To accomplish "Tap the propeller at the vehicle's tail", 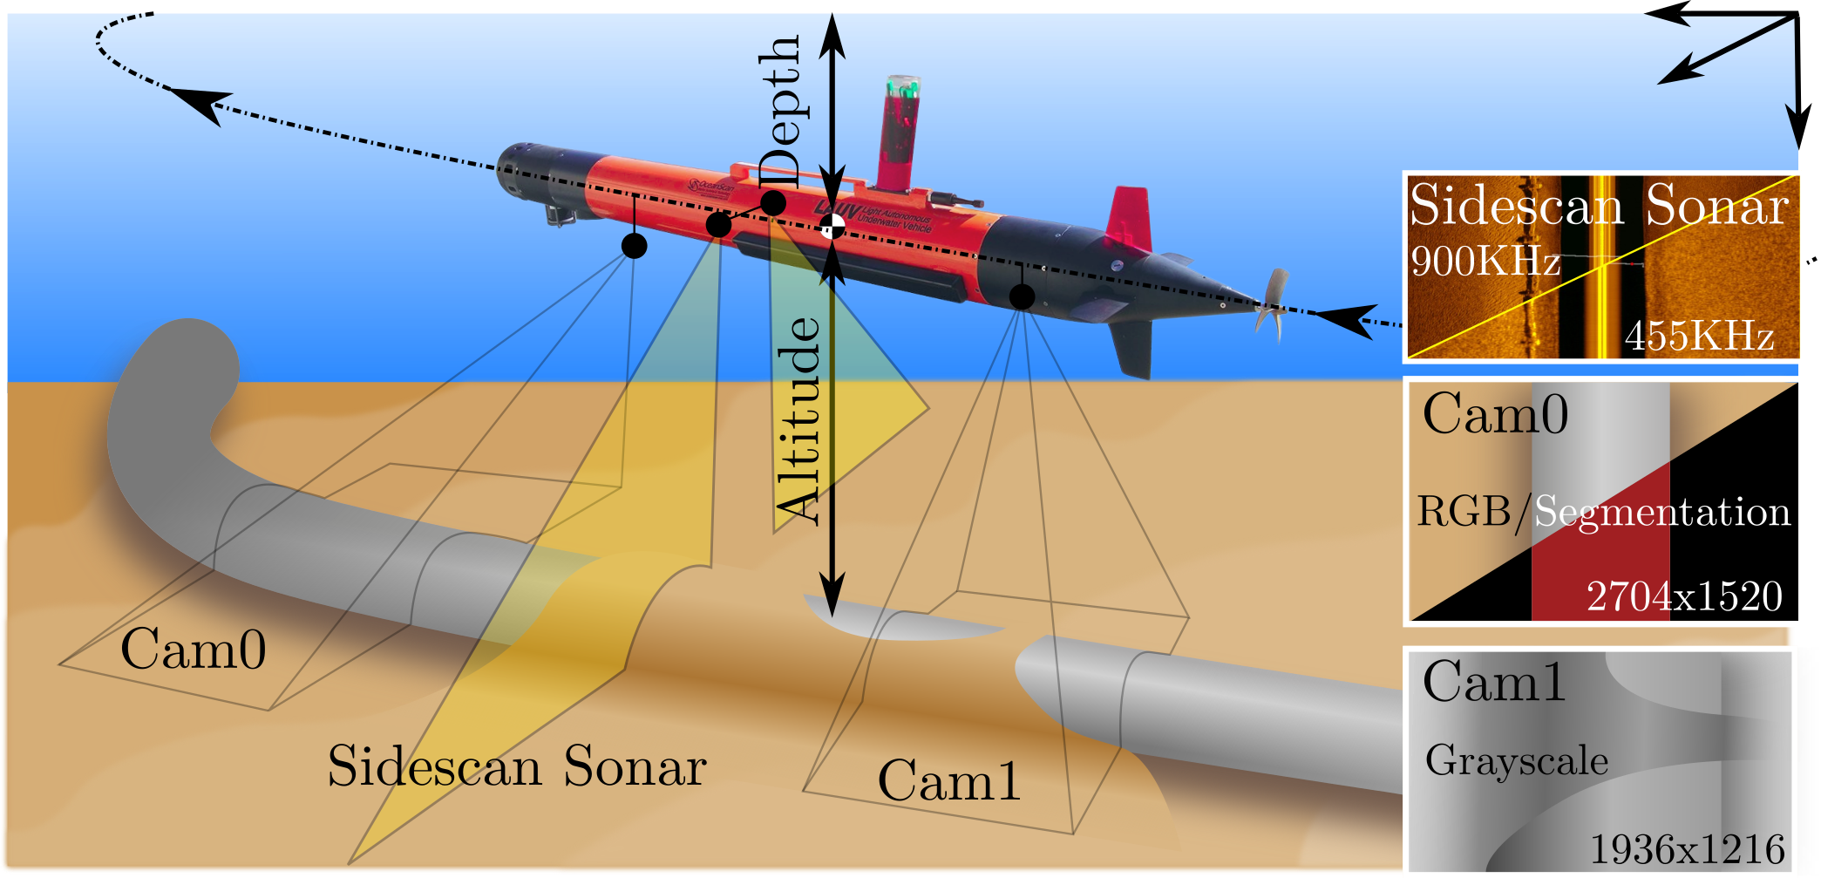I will click(1274, 304).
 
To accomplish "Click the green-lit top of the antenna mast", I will click(903, 86).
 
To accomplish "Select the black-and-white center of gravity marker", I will click(832, 227).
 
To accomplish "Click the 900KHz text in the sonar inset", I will click(1485, 261).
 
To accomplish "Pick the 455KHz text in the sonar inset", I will click(1699, 335).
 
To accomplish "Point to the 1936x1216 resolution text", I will click(1688, 848).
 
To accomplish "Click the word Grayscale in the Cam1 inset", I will click(1516, 760).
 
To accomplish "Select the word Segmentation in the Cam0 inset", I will click(1661, 512).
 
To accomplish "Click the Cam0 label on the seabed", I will click(193, 650).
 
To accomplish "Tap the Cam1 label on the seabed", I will click(948, 780).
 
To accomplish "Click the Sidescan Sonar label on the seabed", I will click(517, 767).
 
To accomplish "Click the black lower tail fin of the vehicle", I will click(1132, 348).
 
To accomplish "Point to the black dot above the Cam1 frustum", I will click(1022, 296).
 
